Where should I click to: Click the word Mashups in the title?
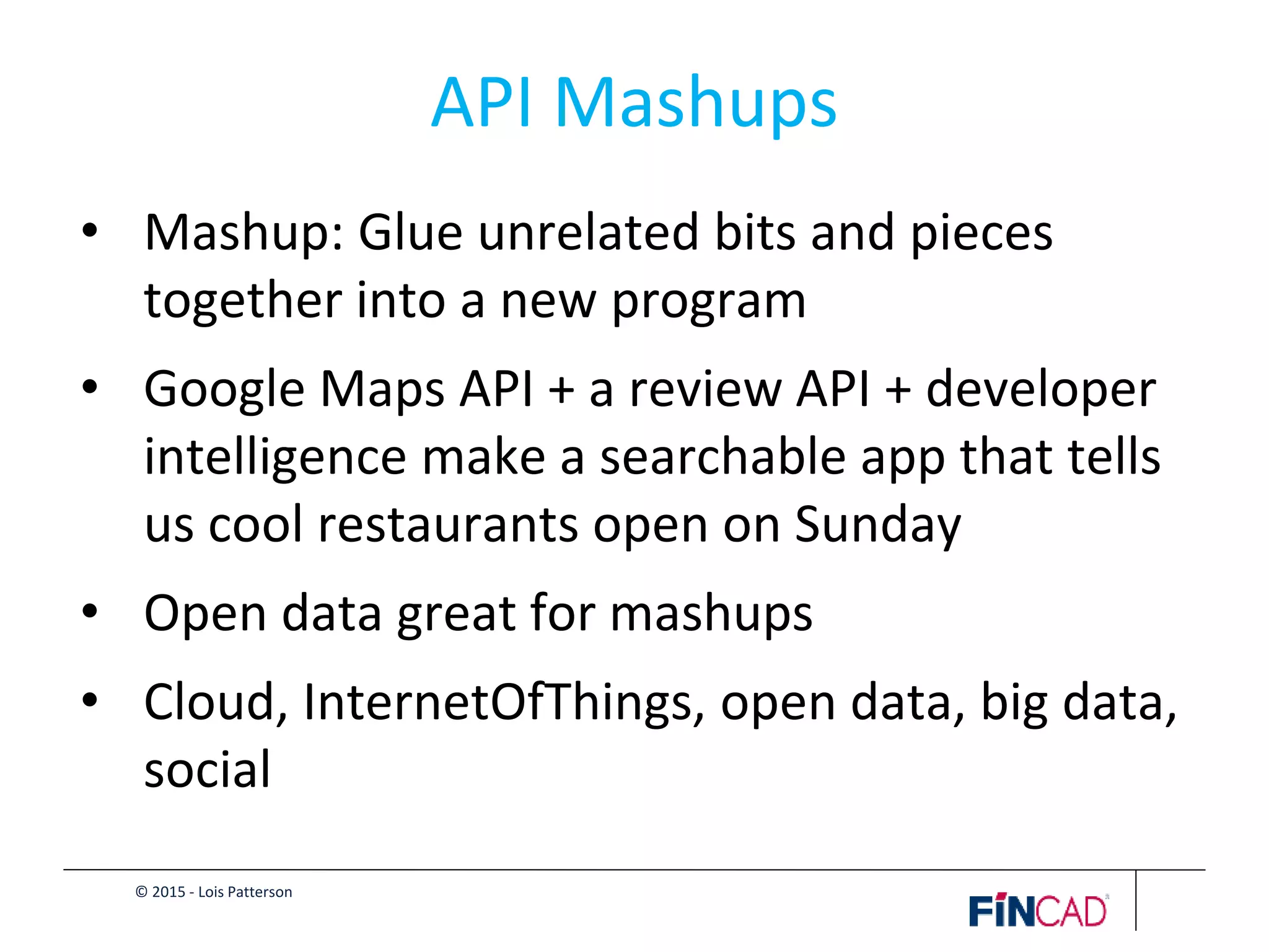pyautogui.click(x=695, y=104)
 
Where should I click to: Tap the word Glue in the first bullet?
pyautogui.click(x=410, y=232)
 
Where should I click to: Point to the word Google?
pyautogui.click(x=224, y=390)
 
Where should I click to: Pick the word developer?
pyautogui.click(x=1041, y=390)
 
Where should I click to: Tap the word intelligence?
pyautogui.click(x=275, y=457)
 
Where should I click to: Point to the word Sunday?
pyautogui.click(x=877, y=525)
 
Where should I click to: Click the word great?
pyautogui.click(x=457, y=614)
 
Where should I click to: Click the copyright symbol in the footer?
pyautogui.click(x=141, y=892)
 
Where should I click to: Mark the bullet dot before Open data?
pyautogui.click(x=90, y=612)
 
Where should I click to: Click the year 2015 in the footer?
pyautogui.click(x=169, y=892)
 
